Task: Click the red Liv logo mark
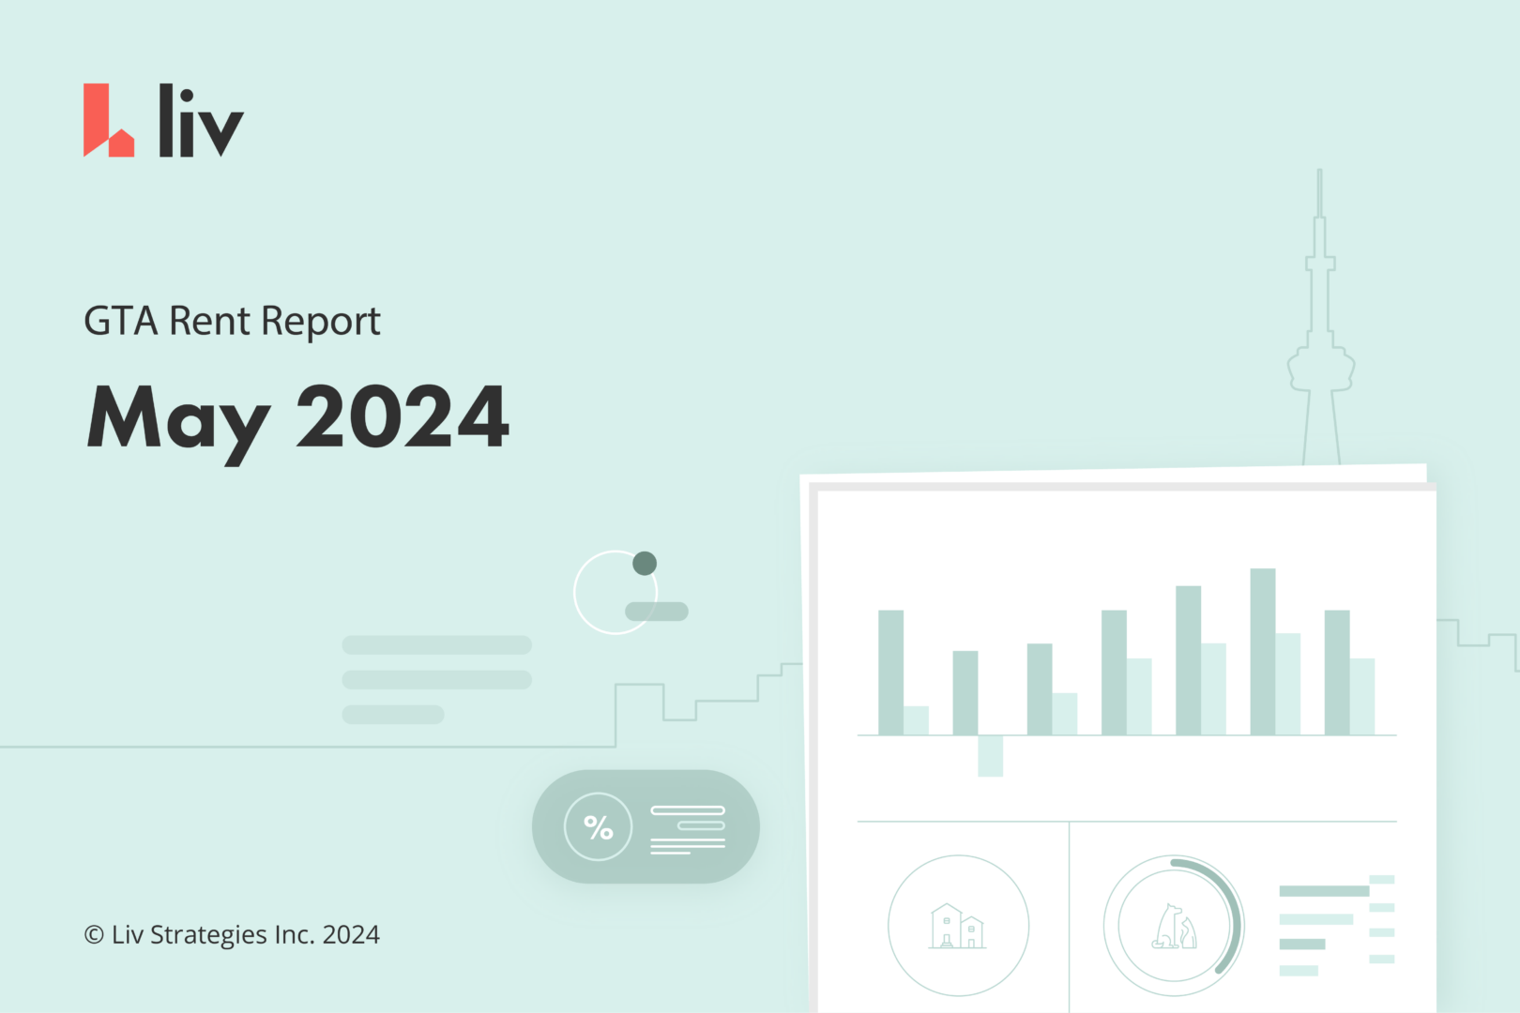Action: point(105,122)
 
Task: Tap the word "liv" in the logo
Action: point(200,122)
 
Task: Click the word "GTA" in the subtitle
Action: point(120,322)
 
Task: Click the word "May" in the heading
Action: point(178,418)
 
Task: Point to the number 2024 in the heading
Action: point(403,416)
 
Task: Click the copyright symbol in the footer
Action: point(94,935)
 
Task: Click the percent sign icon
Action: point(598,827)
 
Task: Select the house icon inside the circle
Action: point(957,927)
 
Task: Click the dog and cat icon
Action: point(1174,927)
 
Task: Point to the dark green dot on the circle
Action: point(645,564)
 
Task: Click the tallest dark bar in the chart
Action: point(1263,651)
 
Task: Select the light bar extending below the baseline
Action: point(990,756)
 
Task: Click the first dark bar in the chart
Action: point(890,672)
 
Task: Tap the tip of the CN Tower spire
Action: point(1319,174)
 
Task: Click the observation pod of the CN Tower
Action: point(1320,368)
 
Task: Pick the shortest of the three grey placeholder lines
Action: point(392,715)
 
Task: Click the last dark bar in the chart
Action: point(1337,672)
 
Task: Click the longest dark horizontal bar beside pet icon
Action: point(1324,891)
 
